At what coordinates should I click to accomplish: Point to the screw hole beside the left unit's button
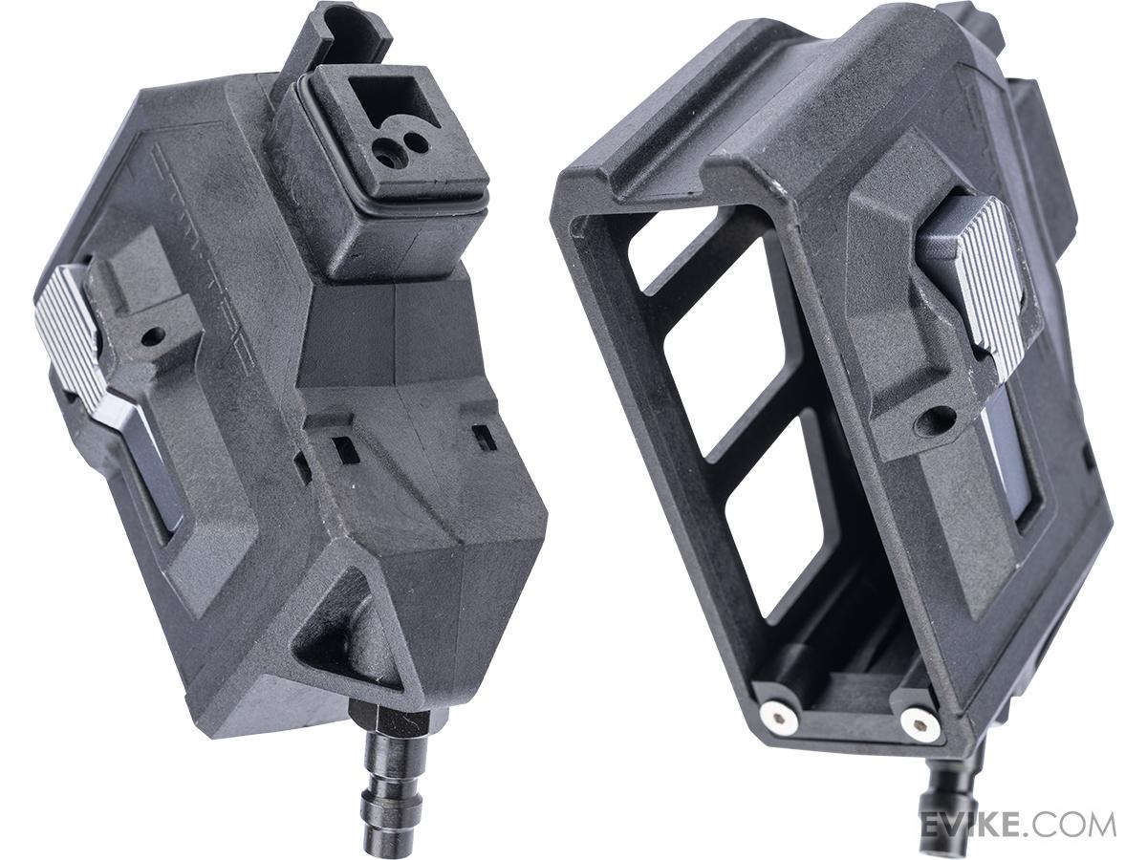pyautogui.click(x=152, y=336)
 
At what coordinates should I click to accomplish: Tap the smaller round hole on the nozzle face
pyautogui.click(x=418, y=142)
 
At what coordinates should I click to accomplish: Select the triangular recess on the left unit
pyautogui.click(x=344, y=631)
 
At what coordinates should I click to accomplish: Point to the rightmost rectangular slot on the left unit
pyautogui.click(x=485, y=437)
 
